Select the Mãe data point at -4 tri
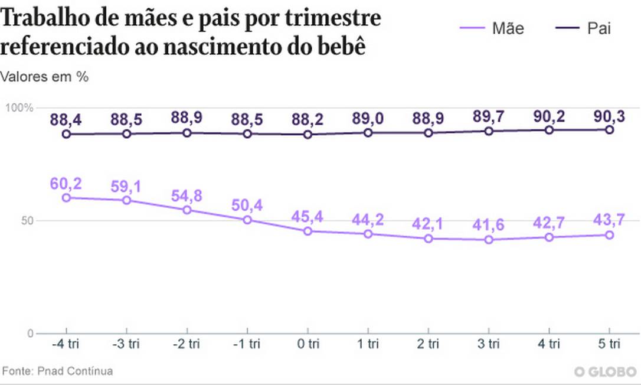tap(66, 198)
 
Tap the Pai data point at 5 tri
tap(609, 129)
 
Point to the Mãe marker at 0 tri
tap(308, 231)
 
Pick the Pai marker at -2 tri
tap(187, 133)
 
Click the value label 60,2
tap(66, 184)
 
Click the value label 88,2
tap(308, 120)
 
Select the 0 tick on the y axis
tap(29, 334)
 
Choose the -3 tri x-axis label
tap(126, 344)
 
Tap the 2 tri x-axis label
tap(428, 344)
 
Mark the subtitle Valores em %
tap(44, 76)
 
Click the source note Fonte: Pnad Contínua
tap(57, 371)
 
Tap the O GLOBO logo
tap(606, 371)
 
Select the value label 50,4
tap(247, 205)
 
